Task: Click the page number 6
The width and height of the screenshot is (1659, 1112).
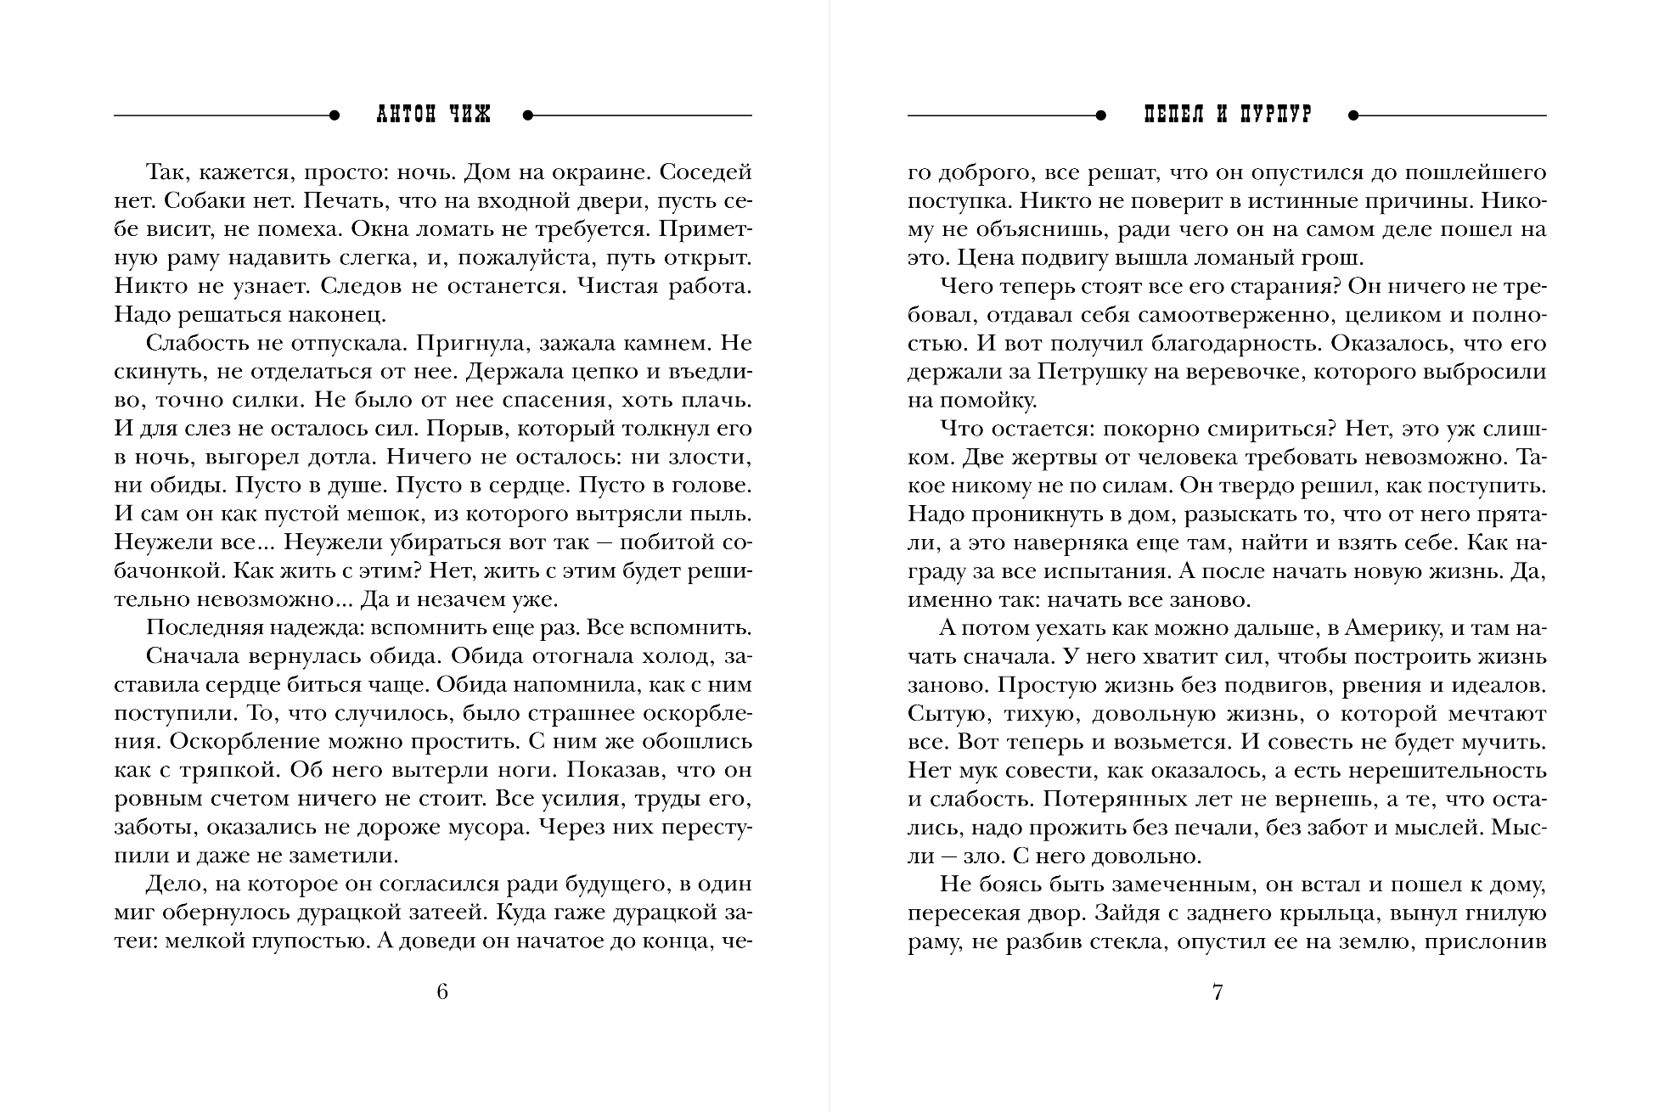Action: (x=441, y=991)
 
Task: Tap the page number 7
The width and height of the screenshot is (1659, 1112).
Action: (x=1218, y=991)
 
